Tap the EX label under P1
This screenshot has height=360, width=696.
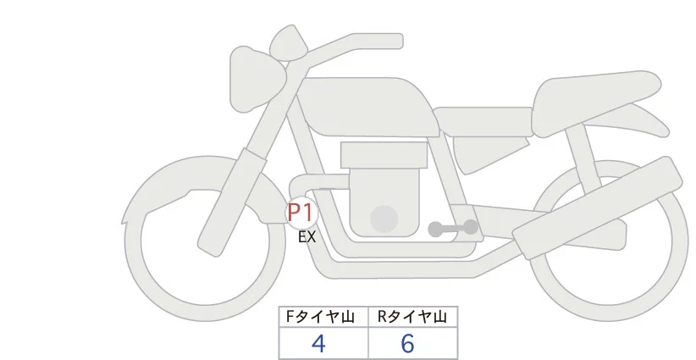pos(307,238)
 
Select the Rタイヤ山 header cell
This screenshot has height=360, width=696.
pos(412,317)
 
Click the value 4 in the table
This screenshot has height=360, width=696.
pos(319,343)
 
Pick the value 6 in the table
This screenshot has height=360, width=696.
pos(408,343)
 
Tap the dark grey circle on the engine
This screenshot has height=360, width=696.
pos(384,219)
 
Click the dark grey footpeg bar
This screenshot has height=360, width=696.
pos(453,228)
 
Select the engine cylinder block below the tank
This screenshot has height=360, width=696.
pos(383,154)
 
